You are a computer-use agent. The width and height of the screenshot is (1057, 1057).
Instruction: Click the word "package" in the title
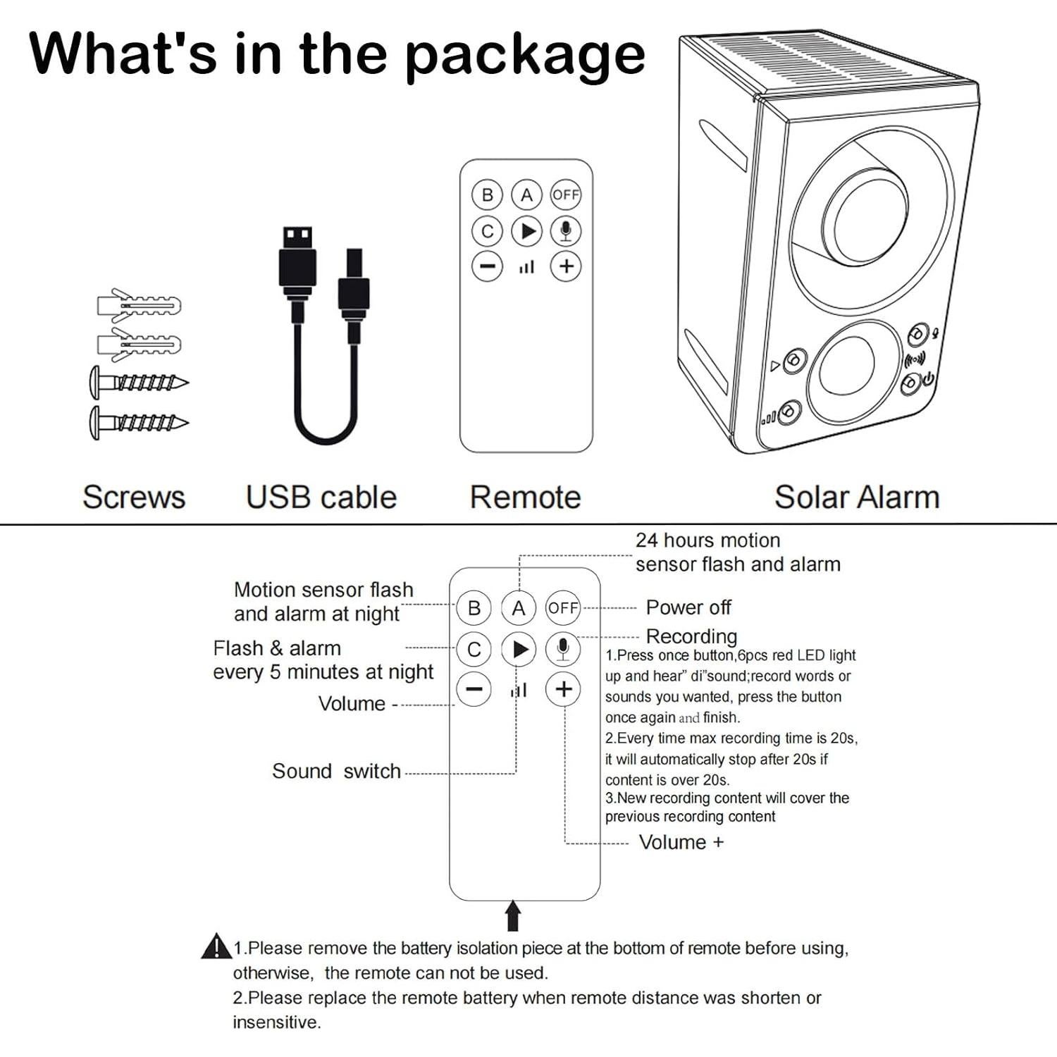(525, 56)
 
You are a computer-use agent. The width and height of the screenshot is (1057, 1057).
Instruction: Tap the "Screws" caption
(134, 497)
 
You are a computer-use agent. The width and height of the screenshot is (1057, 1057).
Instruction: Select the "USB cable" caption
(321, 497)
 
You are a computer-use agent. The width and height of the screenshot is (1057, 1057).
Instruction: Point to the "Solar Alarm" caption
(857, 497)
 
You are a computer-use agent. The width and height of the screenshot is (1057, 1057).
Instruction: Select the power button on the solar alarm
(911, 383)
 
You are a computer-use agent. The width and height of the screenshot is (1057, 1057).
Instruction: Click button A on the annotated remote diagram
(519, 607)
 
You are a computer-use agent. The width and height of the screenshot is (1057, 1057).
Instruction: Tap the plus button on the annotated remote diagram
(563, 689)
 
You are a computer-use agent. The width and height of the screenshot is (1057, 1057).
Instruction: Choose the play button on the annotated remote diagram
(519, 649)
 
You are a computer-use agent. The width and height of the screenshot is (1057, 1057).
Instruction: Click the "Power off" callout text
(688, 607)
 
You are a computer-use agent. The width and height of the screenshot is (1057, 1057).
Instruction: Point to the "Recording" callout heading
(691, 636)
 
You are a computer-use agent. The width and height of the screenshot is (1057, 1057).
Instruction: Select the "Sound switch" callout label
(336, 772)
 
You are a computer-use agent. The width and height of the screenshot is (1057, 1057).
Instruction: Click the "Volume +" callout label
(681, 842)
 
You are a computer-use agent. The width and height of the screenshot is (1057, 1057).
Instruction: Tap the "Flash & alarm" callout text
(277, 648)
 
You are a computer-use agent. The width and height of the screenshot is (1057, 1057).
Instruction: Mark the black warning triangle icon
(216, 946)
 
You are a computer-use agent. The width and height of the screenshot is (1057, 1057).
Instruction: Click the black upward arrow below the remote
(514, 915)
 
